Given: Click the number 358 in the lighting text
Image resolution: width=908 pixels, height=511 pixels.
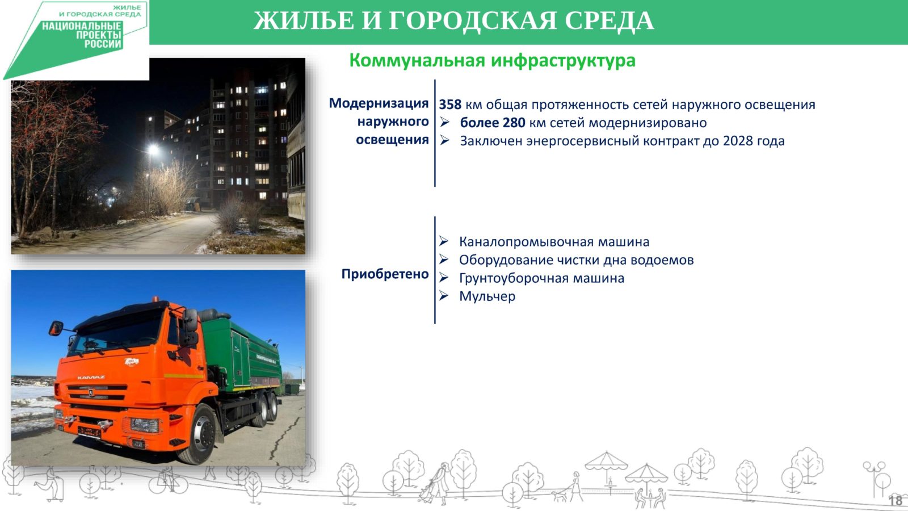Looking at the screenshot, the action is tap(450, 104).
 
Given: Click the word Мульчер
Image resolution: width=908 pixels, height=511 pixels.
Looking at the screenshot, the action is tap(487, 296).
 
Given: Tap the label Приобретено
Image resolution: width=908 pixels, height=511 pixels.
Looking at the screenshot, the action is tap(385, 274).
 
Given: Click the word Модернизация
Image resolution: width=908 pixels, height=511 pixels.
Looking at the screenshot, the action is tap(379, 103).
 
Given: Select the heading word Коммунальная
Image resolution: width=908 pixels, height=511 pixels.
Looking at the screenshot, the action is tap(417, 60).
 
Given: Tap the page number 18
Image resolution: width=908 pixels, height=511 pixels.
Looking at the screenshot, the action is tap(896, 500).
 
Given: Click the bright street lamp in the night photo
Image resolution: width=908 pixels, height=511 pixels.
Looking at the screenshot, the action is tap(153, 150).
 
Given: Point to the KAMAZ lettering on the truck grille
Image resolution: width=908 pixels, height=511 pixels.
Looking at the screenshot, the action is tap(91, 378).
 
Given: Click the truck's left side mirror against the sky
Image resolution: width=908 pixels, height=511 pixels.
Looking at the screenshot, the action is tap(56, 328).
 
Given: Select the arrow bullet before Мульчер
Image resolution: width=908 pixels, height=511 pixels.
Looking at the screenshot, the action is tap(444, 296).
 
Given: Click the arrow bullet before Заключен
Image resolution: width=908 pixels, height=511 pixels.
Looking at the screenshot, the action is tap(445, 140).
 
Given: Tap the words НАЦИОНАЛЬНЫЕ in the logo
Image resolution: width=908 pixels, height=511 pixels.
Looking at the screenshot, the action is tap(82, 27).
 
